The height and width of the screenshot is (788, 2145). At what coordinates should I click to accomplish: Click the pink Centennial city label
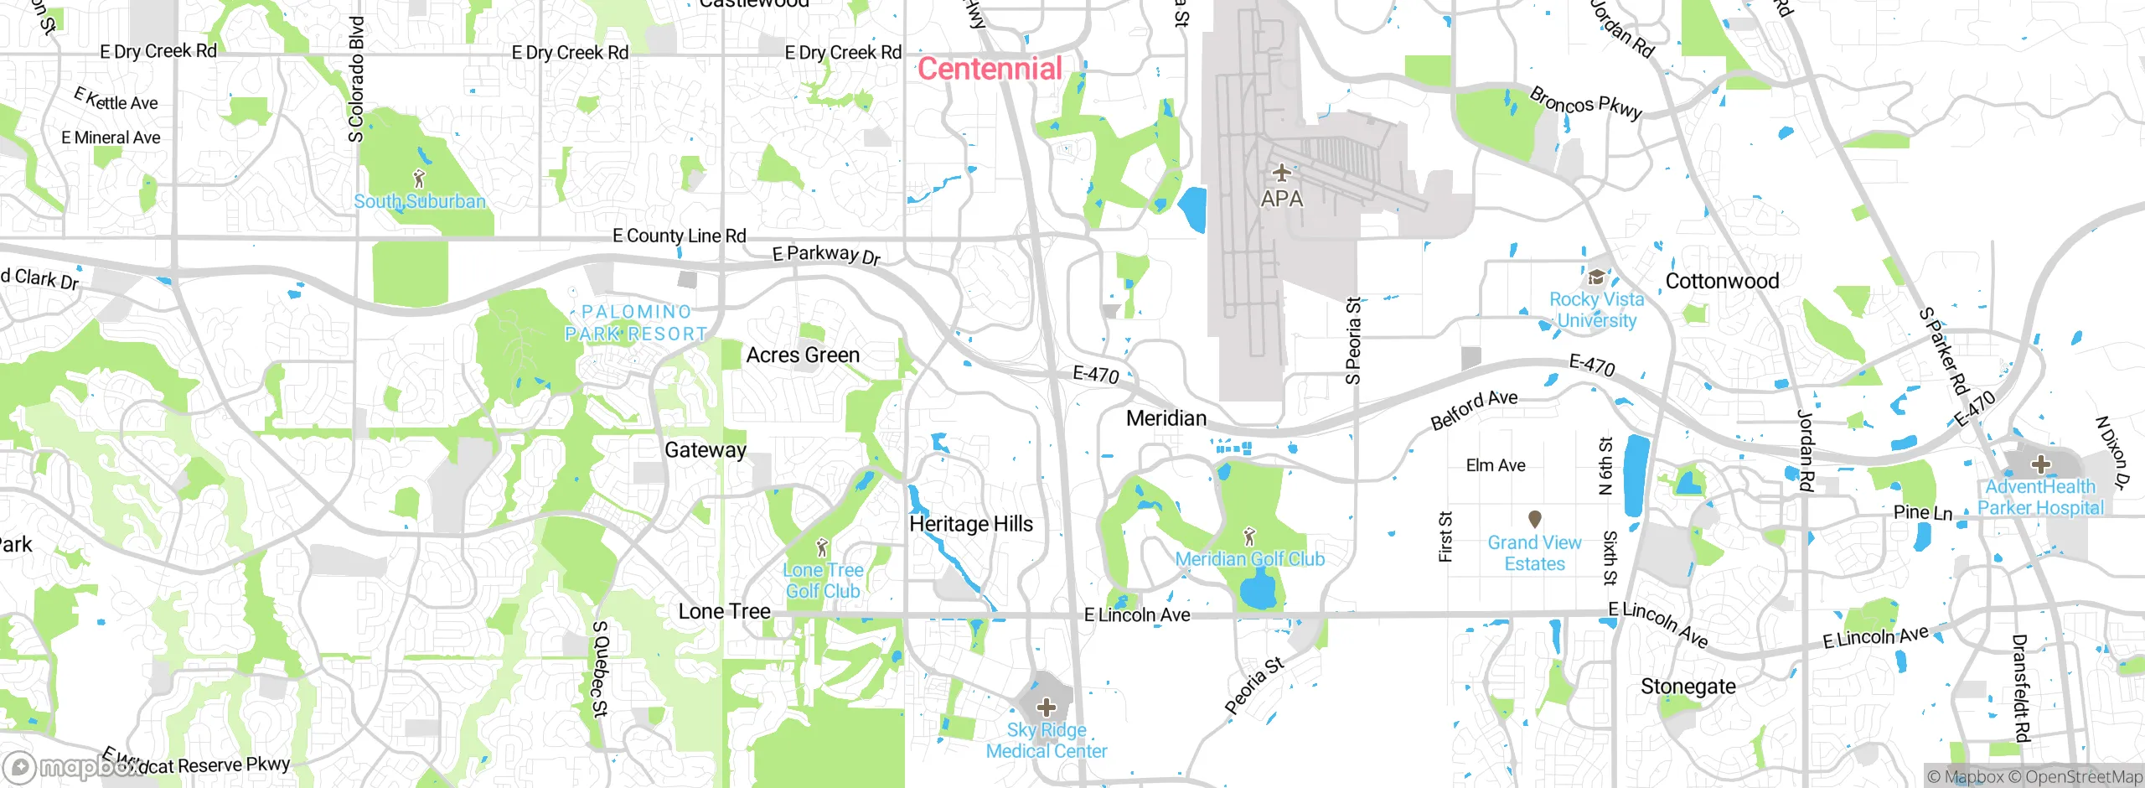[x=990, y=69]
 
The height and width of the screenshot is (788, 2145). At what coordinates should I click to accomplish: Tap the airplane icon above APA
[x=1281, y=174]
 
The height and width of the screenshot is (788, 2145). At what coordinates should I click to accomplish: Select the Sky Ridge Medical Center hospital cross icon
[x=1046, y=707]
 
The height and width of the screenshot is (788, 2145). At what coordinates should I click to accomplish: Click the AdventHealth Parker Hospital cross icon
[x=2040, y=464]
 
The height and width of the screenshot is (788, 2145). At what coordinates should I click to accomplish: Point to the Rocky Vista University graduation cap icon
[x=1596, y=277]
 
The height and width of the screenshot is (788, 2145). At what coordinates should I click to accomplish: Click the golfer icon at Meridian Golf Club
[x=1249, y=535]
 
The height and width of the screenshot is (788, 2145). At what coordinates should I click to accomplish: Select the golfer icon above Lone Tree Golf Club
[x=822, y=547]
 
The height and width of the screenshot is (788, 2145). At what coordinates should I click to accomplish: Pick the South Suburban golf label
[x=419, y=201]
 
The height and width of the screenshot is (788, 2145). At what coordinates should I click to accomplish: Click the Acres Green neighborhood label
[x=803, y=355]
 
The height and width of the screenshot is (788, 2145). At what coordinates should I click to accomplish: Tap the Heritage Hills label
[x=971, y=524]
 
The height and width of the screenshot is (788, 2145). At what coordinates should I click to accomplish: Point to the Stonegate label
[x=1688, y=687]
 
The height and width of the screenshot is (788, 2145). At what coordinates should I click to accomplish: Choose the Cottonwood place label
[x=1722, y=281]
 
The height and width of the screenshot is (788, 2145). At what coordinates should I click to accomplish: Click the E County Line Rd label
[x=679, y=236]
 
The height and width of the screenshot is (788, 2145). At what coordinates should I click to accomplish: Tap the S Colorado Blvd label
[x=357, y=80]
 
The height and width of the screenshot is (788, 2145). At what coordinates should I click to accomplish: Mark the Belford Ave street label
[x=1474, y=409]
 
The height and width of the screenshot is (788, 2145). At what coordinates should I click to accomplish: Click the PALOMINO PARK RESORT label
[x=636, y=323]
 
